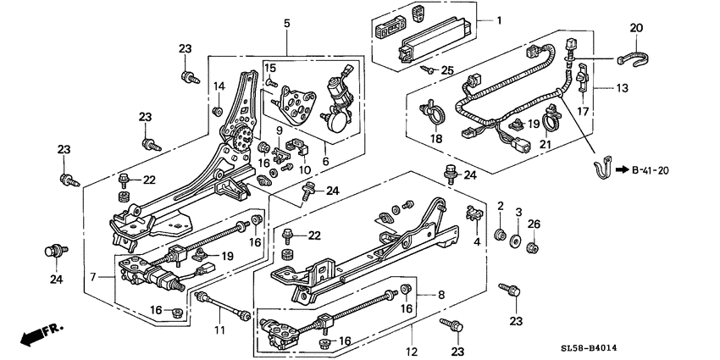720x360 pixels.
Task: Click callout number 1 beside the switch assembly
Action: (499, 19)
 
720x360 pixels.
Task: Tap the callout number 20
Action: (636, 28)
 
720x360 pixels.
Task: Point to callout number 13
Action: (623, 87)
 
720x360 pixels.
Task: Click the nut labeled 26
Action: (533, 247)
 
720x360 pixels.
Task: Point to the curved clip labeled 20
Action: (634, 58)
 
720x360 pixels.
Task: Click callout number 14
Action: (218, 86)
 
